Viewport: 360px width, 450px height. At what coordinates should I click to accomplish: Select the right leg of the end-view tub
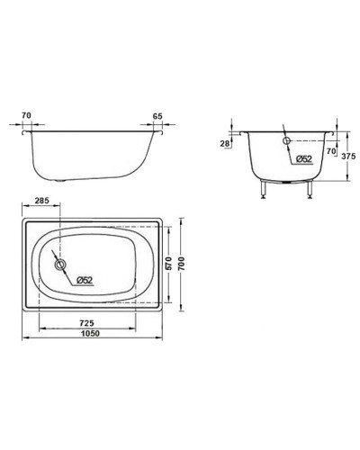pyautogui.click(x=309, y=189)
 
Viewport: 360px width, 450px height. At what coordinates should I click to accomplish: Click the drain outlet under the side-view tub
pyautogui.click(x=61, y=179)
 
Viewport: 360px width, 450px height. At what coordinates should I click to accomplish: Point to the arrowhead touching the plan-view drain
pyautogui.click(x=65, y=268)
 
